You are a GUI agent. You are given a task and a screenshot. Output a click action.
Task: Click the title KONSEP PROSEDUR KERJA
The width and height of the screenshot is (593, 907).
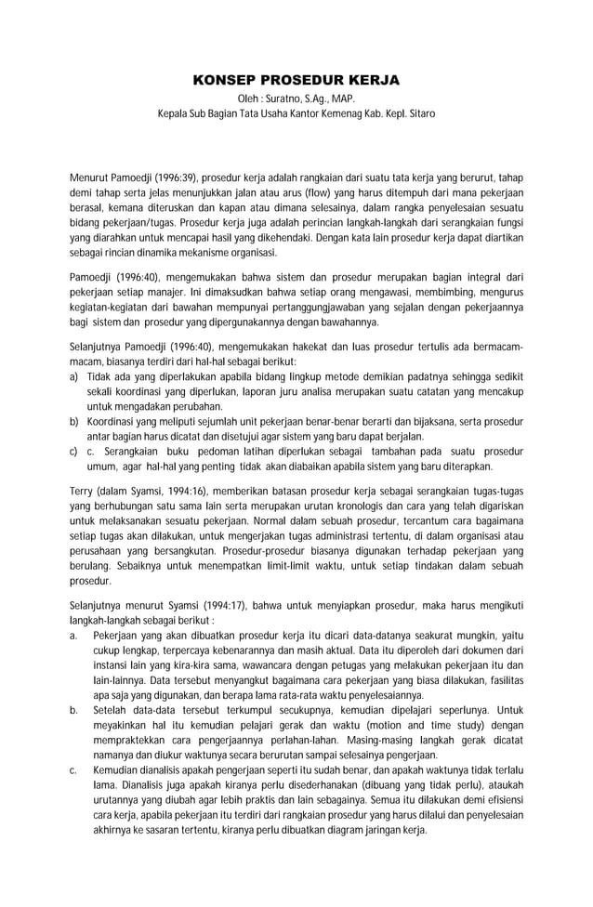[296, 81]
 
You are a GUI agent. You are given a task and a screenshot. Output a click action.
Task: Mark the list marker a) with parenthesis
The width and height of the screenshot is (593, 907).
[74, 376]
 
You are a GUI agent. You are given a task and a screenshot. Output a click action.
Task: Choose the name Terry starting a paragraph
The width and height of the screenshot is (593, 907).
[83, 491]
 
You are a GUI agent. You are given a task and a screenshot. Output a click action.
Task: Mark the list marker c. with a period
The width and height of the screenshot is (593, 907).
[73, 770]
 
